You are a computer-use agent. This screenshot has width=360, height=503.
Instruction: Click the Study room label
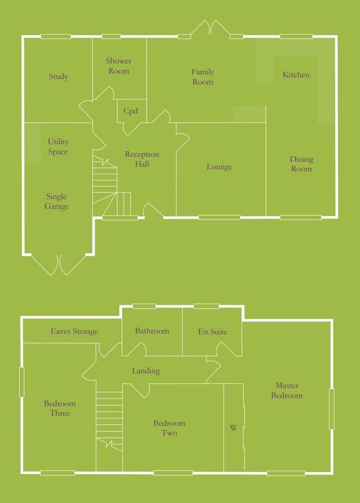pos(59,77)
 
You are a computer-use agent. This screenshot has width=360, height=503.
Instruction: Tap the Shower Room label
pos(119,66)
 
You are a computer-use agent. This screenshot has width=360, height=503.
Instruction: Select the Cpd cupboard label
pos(130,111)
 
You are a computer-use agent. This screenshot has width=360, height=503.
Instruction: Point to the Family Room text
pos(203,77)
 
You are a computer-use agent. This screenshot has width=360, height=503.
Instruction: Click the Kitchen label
pos(296,75)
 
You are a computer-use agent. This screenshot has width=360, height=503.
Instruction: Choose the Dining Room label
pos(301,164)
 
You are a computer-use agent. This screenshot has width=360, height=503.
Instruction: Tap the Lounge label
pos(219,167)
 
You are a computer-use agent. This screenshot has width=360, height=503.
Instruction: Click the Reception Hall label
pos(142,159)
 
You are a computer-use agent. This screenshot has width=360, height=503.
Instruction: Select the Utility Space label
pos(58,147)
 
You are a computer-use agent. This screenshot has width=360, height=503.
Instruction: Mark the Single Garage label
pos(56,202)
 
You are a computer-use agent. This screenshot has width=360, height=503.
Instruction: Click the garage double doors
pos(59,265)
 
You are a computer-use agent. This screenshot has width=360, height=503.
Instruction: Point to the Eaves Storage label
pos(75,332)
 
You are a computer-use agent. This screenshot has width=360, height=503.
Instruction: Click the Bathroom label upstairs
pos(152,331)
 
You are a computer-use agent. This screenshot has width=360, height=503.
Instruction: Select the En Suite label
pos(212,332)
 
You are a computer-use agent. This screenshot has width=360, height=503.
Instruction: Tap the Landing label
pos(146,371)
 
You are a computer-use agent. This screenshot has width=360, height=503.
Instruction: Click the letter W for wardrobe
pos(233,428)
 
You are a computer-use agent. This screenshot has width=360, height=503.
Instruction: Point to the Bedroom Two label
pos(169,428)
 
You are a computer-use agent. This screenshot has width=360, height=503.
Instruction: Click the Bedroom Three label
pos(60,408)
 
